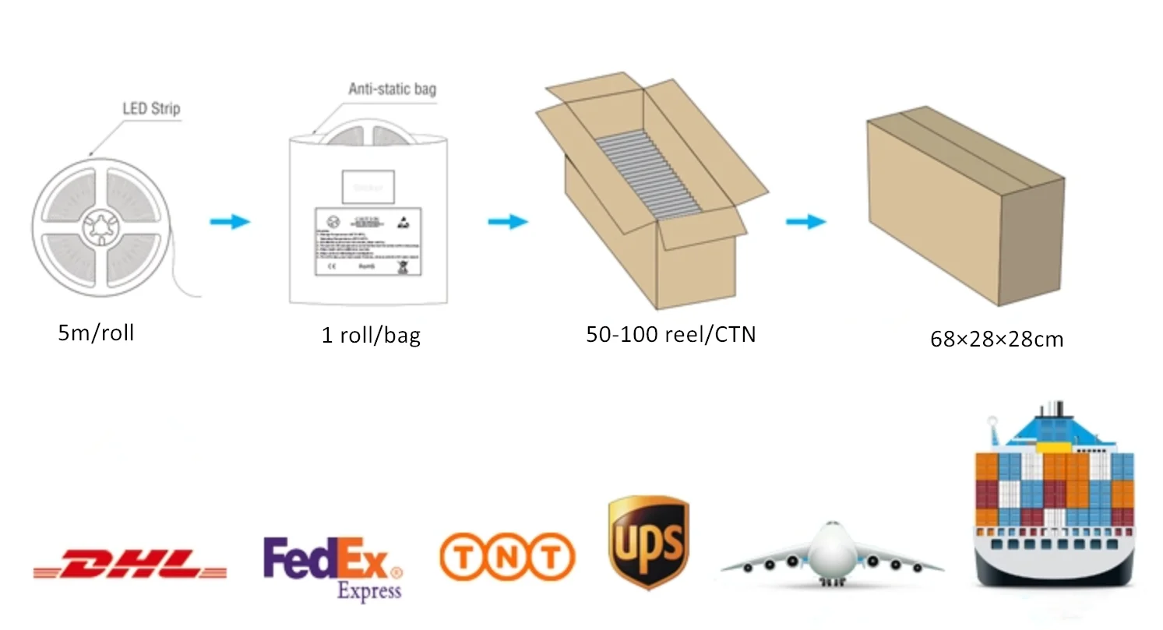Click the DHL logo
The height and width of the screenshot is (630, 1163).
tap(129, 563)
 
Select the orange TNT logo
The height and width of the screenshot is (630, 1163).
tap(507, 558)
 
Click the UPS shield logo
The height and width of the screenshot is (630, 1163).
tap(648, 542)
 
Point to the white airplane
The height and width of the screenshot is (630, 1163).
tap(832, 554)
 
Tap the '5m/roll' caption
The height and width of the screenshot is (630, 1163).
tap(96, 333)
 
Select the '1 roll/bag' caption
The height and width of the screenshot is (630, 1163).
tap(371, 336)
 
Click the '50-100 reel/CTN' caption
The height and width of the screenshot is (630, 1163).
tap(671, 334)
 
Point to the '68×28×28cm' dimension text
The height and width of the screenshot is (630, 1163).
tap(996, 340)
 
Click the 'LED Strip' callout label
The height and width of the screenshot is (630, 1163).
tap(151, 108)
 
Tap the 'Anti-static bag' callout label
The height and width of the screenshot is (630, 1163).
tap(392, 89)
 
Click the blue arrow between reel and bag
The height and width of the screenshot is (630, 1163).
tap(230, 222)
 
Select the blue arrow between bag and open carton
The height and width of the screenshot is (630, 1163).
tap(508, 223)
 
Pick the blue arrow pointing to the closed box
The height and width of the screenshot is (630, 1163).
tap(805, 223)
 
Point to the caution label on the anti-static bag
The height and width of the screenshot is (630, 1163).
tap(368, 241)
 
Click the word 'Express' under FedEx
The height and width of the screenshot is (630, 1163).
tap(368, 591)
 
